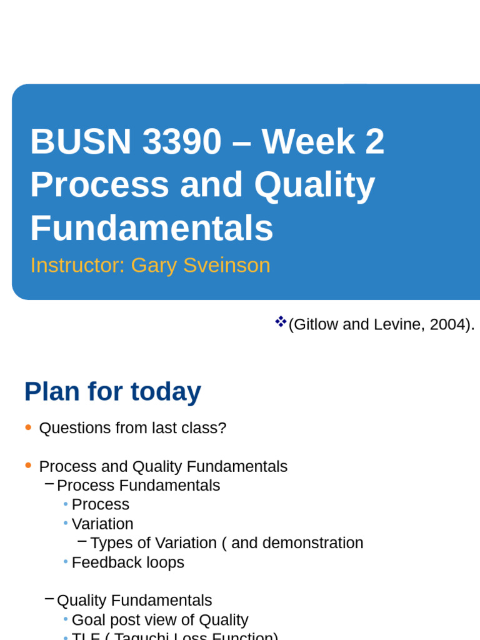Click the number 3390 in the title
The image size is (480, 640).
[x=182, y=141]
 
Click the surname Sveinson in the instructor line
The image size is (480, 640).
[x=227, y=265]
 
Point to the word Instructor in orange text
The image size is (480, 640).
[x=77, y=265]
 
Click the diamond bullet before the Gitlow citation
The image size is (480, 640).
[x=281, y=322]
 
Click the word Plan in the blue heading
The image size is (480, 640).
[x=52, y=392]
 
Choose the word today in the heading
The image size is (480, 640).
[x=166, y=392]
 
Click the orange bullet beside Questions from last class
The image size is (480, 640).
[x=28, y=427]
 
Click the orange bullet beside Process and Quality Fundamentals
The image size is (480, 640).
[x=28, y=466]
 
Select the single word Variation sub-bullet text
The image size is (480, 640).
[x=102, y=524]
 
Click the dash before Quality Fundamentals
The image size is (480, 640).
[x=49, y=599]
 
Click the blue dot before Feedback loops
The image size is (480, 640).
[x=66, y=562]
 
